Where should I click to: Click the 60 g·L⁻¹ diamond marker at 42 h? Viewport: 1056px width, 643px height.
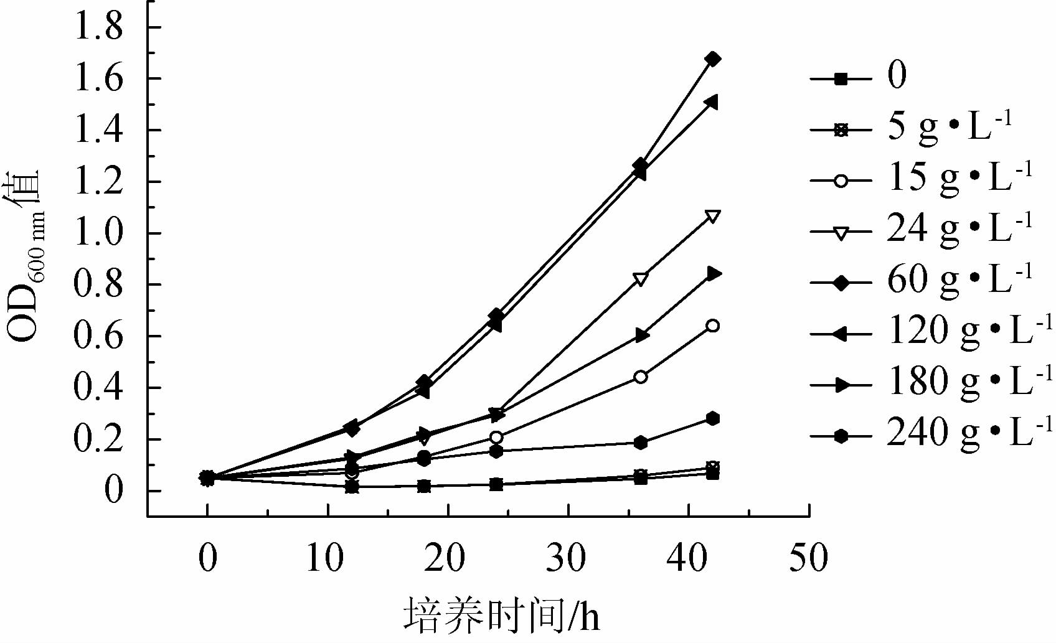click(713, 59)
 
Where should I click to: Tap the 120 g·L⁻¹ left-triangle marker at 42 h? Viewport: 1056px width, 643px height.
click(712, 102)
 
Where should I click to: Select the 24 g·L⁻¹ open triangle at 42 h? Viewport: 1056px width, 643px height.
click(713, 217)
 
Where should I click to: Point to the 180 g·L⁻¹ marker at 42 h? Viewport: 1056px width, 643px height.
click(714, 273)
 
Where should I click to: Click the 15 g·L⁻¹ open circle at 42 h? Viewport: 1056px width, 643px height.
click(713, 326)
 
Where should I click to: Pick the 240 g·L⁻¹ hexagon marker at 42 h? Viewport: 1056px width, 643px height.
click(713, 418)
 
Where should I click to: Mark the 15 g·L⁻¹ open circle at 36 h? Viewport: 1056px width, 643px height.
click(641, 377)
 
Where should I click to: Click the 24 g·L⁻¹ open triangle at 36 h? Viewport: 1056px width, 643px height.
click(641, 278)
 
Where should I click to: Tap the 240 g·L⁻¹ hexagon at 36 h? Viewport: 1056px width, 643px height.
click(641, 443)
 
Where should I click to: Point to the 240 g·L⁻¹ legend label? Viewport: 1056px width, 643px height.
click(969, 433)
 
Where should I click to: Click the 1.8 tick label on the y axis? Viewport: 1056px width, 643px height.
click(99, 28)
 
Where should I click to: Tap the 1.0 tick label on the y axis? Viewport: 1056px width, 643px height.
click(99, 233)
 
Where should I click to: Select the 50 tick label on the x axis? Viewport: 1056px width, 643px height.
click(808, 558)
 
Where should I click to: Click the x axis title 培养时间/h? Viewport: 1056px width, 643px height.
click(502, 615)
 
